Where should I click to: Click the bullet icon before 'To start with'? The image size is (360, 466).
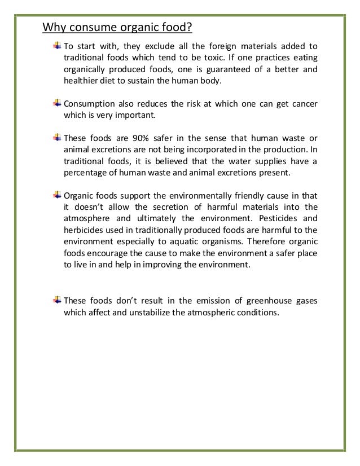(x=57, y=46)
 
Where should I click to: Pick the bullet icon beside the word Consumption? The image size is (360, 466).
(x=57, y=104)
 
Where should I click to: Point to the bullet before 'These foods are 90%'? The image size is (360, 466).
(x=57, y=138)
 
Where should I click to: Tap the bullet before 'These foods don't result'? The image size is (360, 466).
(x=57, y=300)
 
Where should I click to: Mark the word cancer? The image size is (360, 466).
(x=305, y=104)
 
